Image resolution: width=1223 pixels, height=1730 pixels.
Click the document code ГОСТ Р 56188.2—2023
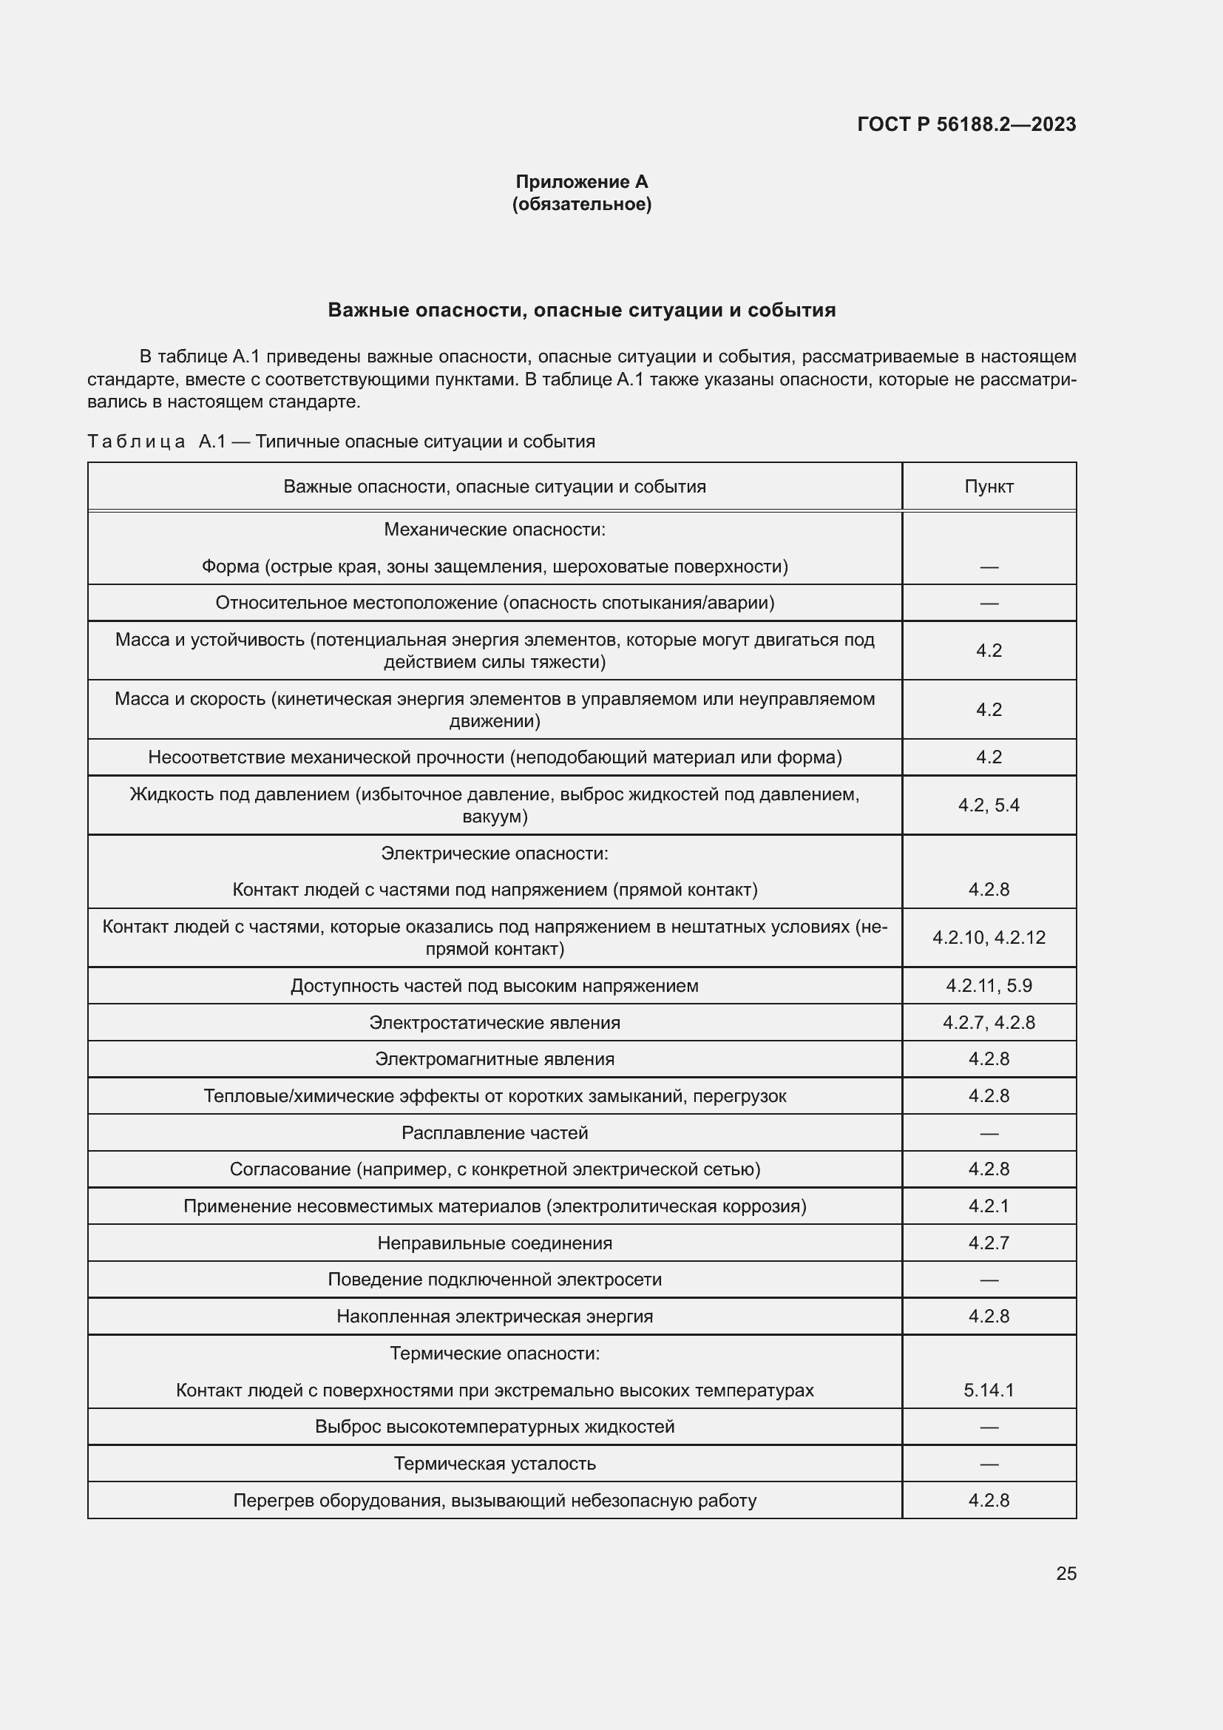coord(966,124)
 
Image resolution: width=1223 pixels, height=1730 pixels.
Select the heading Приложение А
coord(581,182)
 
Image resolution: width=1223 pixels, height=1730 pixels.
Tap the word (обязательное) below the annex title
coord(581,204)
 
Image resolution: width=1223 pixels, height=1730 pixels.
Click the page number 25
coord(1066,1573)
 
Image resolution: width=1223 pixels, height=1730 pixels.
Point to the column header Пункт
coord(988,487)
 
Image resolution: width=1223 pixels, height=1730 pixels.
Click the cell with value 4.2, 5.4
coord(988,805)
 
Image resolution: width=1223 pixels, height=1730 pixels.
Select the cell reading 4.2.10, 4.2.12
coord(988,937)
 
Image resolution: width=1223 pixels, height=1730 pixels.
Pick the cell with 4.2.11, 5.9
coord(988,985)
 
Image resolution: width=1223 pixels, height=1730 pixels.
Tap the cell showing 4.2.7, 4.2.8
coord(988,1022)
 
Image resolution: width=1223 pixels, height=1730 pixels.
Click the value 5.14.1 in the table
coord(988,1391)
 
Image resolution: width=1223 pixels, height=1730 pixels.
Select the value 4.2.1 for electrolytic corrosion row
coord(988,1206)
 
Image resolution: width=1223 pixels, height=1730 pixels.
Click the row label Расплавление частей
coord(494,1132)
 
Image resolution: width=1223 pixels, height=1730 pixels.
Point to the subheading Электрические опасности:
coord(494,853)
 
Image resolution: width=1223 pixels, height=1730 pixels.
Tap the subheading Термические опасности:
coord(494,1354)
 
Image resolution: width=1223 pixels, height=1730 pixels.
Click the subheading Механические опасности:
coord(494,530)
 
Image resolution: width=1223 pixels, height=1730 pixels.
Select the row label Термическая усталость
coord(494,1463)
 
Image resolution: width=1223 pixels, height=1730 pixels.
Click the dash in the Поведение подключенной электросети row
coord(988,1280)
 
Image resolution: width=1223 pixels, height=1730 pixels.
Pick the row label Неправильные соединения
coord(494,1243)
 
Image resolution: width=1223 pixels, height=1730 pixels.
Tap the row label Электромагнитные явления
coord(494,1058)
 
